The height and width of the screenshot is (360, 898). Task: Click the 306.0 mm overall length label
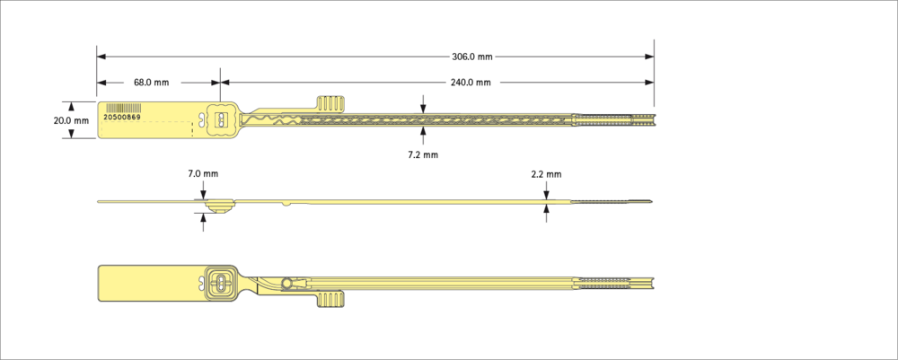coord(472,57)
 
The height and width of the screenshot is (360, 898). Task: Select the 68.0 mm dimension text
coord(151,83)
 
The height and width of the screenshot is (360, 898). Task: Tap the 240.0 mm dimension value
coord(471,83)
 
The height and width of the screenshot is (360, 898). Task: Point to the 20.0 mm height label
coord(71,121)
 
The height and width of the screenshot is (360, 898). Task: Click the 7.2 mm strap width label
coord(423,155)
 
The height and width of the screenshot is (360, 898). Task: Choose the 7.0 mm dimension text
coord(203,173)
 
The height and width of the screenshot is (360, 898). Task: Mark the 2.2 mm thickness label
coord(546,174)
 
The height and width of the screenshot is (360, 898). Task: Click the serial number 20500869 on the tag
coord(121,117)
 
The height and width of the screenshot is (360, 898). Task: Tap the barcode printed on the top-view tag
coord(121,108)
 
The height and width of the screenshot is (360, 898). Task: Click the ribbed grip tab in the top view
coord(330,103)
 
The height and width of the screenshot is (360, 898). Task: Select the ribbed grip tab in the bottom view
coord(330,299)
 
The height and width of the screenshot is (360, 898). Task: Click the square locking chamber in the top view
coord(220,119)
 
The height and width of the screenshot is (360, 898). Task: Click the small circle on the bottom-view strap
coord(286,284)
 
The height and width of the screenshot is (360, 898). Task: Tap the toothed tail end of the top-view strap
coord(613,119)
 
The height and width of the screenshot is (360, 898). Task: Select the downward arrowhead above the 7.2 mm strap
coord(423,109)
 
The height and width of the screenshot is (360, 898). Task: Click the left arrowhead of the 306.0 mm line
coord(101,57)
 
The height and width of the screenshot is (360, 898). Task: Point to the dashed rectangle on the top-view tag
coord(148,129)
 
